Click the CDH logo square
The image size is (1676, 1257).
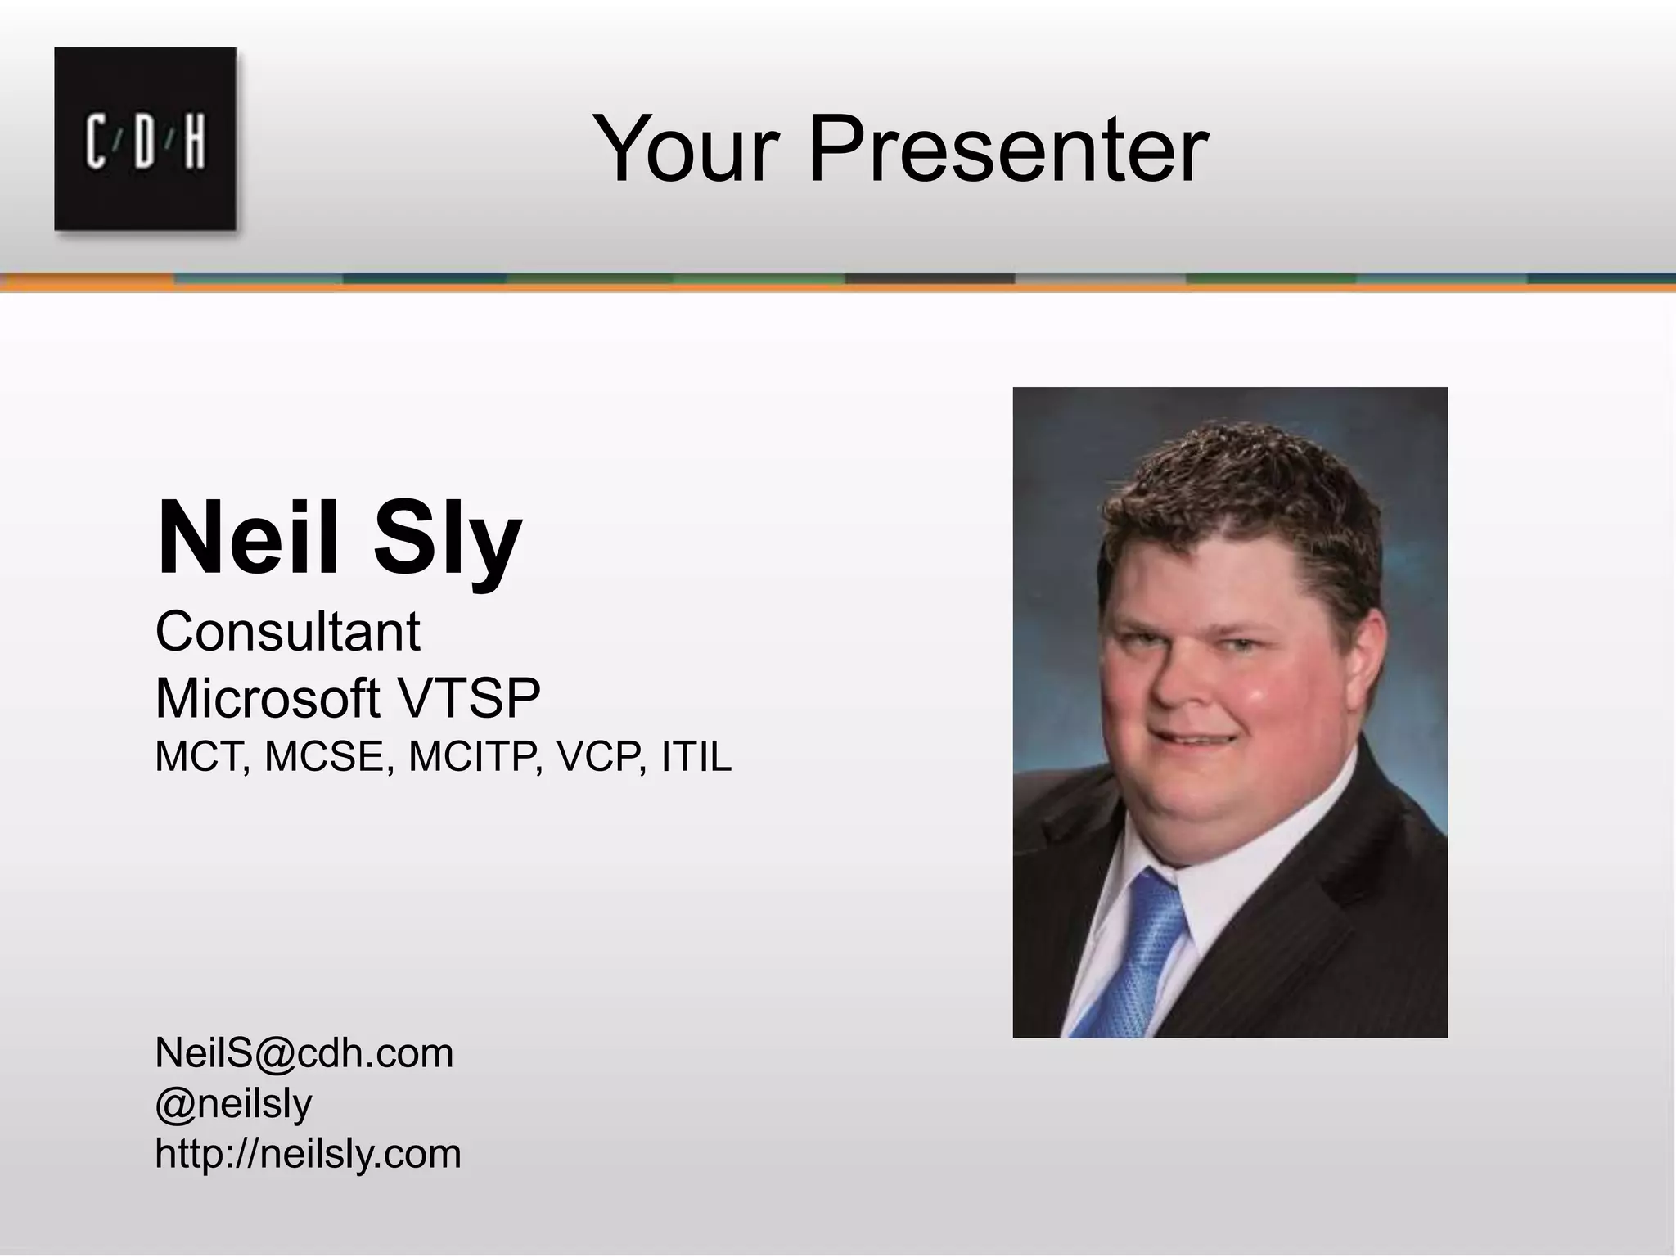pyautogui.click(x=146, y=138)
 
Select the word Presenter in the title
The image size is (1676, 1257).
pyautogui.click(x=1007, y=151)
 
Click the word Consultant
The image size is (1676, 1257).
pyautogui.click(x=287, y=633)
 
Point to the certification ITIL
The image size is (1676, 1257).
pyautogui.click(x=696, y=757)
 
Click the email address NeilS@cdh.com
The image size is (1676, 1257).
pyautogui.click(x=304, y=1053)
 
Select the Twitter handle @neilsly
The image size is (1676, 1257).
pyautogui.click(x=233, y=1104)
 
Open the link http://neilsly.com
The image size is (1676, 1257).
pyautogui.click(x=308, y=1154)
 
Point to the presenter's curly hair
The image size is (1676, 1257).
pyautogui.click(x=1236, y=491)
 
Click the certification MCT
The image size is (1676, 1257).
pyautogui.click(x=201, y=757)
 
